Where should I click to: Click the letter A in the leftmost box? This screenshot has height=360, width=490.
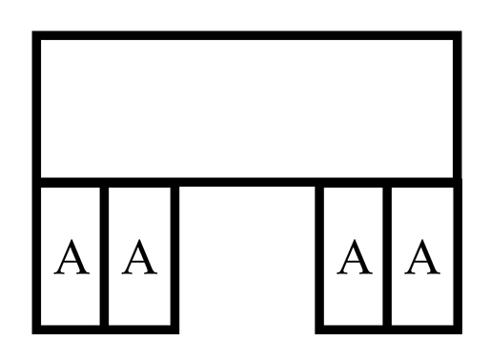tap(69, 257)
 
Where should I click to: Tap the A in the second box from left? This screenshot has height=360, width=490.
tap(139, 257)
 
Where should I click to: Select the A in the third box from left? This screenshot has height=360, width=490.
tap(354, 257)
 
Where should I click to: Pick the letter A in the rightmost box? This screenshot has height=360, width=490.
tap(422, 257)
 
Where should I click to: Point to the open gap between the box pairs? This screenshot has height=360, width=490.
tap(246, 257)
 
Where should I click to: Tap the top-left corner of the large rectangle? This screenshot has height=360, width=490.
tap(37, 37)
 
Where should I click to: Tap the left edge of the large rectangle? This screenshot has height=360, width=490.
tap(37, 108)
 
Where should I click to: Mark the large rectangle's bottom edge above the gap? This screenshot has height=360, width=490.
tap(246, 180)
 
